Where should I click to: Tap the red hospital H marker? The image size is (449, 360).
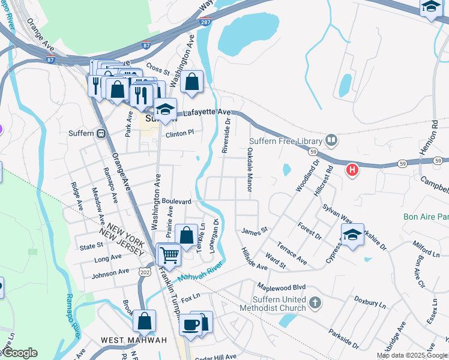point(353,170)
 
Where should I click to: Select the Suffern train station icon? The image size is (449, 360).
point(101,133)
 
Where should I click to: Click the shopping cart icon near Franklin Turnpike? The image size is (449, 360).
point(169,254)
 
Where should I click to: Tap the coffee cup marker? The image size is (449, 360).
point(191,325)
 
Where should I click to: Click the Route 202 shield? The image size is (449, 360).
point(144,272)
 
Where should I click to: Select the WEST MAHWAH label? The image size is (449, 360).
point(134,340)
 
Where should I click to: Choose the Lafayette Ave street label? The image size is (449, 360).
point(207,112)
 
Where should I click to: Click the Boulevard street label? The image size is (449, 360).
point(176,202)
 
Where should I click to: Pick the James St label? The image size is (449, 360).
point(254,230)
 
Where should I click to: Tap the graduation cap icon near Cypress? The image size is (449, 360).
point(352,236)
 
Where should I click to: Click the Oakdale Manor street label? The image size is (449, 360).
point(249,171)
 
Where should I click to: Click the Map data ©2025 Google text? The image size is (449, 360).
point(412,355)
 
